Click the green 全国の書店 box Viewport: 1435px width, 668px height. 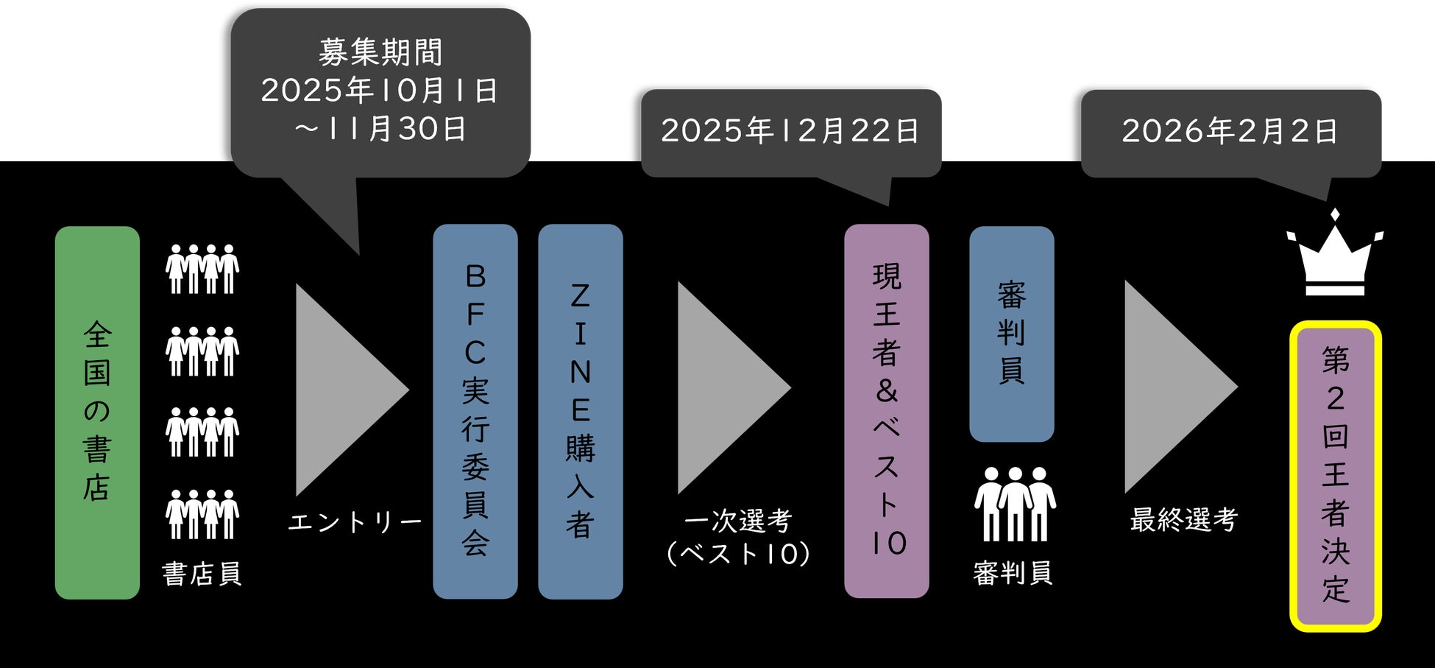[97, 412]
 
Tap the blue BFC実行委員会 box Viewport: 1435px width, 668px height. [475, 411]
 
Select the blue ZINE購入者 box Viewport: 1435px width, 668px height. [581, 411]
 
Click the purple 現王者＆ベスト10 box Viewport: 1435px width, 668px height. [887, 411]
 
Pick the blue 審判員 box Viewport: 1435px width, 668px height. [1012, 334]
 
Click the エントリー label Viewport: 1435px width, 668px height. [355, 522]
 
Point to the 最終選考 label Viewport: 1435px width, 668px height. [1184, 520]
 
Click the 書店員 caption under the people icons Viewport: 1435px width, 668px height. [202, 574]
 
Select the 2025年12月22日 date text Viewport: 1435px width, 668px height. [790, 131]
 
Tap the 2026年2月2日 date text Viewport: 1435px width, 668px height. [1230, 131]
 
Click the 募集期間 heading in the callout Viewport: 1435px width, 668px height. [380, 52]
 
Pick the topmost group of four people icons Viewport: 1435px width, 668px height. [202, 269]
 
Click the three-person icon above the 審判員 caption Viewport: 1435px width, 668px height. [1015, 504]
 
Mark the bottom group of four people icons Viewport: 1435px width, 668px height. [202, 514]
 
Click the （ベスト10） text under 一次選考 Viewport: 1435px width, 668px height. [738, 554]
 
